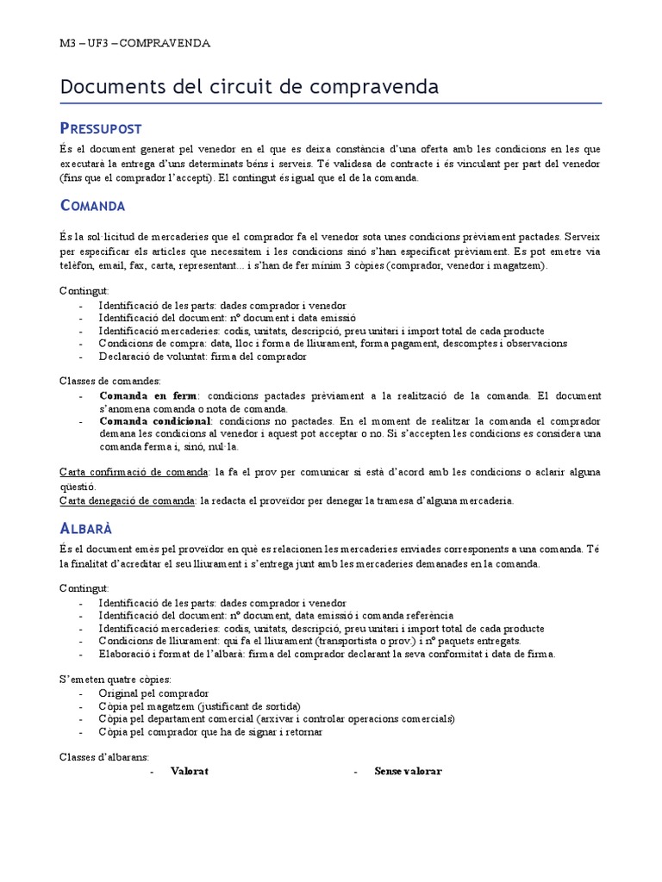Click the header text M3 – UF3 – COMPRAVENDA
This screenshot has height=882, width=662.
tap(134, 42)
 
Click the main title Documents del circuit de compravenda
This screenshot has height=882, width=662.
tap(249, 87)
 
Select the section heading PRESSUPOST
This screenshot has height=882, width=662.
tap(101, 128)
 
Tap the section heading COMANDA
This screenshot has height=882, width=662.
tap(93, 206)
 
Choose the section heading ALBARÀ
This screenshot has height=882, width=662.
tap(87, 528)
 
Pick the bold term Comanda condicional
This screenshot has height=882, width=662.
tap(155, 420)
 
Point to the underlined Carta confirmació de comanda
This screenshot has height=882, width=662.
tap(134, 473)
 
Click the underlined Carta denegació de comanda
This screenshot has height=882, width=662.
tap(127, 500)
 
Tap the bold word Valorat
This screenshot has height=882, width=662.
tap(189, 771)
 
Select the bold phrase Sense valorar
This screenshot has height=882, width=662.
tap(408, 771)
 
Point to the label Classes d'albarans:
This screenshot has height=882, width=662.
tap(103, 757)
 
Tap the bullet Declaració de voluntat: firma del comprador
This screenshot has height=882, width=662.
tap(202, 356)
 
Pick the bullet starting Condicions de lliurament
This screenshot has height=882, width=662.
tap(309, 641)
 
